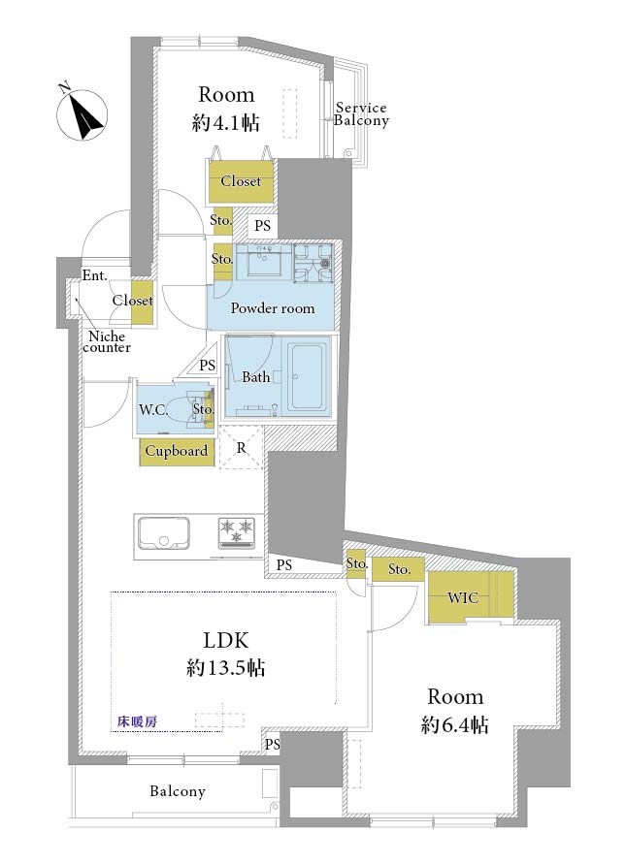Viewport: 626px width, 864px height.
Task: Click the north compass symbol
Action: [x=82, y=114]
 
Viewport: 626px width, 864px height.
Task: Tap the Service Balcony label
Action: [x=361, y=114]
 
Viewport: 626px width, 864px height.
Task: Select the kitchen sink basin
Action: [x=164, y=532]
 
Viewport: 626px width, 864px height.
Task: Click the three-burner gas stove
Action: [x=237, y=532]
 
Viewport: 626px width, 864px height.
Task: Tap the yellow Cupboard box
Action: [x=177, y=451]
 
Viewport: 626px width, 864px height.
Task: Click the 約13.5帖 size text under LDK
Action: [x=225, y=668]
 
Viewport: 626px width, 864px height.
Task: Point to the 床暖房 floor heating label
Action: [x=138, y=720]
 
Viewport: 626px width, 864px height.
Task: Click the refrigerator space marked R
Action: [x=241, y=447]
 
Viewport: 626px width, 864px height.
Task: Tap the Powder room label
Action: [x=273, y=308]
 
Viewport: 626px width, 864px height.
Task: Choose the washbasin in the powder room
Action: [x=264, y=261]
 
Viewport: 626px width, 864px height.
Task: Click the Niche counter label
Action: [x=107, y=341]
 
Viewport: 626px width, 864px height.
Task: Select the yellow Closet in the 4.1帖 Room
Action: [x=241, y=181]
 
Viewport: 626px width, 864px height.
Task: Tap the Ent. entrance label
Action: [x=95, y=275]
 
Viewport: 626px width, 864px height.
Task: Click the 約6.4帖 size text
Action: [x=454, y=724]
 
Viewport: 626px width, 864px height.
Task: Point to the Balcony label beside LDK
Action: [x=177, y=791]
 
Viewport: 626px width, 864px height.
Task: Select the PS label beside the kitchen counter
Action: [x=284, y=564]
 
